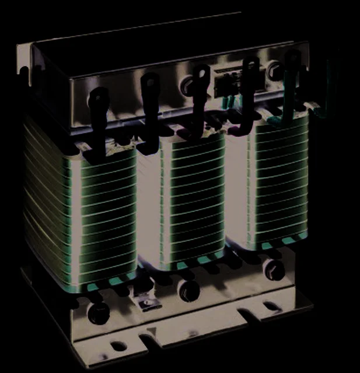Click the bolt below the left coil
point(98,314)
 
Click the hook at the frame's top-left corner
point(23,73)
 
